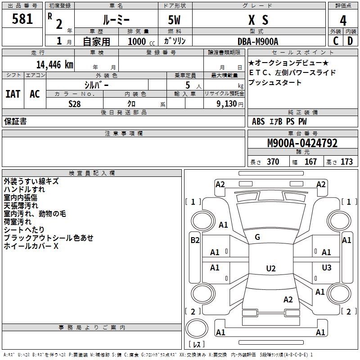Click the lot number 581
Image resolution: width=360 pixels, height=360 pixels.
click(x=22, y=19)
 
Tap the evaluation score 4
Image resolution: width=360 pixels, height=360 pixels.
click(x=343, y=20)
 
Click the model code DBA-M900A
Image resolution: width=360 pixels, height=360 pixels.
click(x=258, y=41)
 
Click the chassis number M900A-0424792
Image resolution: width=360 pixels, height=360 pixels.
click(x=302, y=144)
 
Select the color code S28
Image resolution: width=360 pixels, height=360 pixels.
click(x=75, y=103)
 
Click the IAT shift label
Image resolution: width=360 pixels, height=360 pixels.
click(x=13, y=94)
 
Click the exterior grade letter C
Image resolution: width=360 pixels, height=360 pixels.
click(x=336, y=41)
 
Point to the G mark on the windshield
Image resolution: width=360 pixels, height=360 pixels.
click(x=257, y=237)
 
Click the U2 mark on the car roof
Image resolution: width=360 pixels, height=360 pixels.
click(x=270, y=269)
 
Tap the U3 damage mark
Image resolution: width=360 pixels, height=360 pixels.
click(x=326, y=268)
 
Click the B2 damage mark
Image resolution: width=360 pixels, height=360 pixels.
click(x=194, y=240)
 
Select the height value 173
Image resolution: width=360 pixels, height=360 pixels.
click(x=346, y=162)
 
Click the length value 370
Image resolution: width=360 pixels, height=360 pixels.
click(x=273, y=162)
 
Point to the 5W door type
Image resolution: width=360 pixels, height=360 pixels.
click(x=175, y=20)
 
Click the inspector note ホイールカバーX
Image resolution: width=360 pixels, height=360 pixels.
click(x=31, y=246)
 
